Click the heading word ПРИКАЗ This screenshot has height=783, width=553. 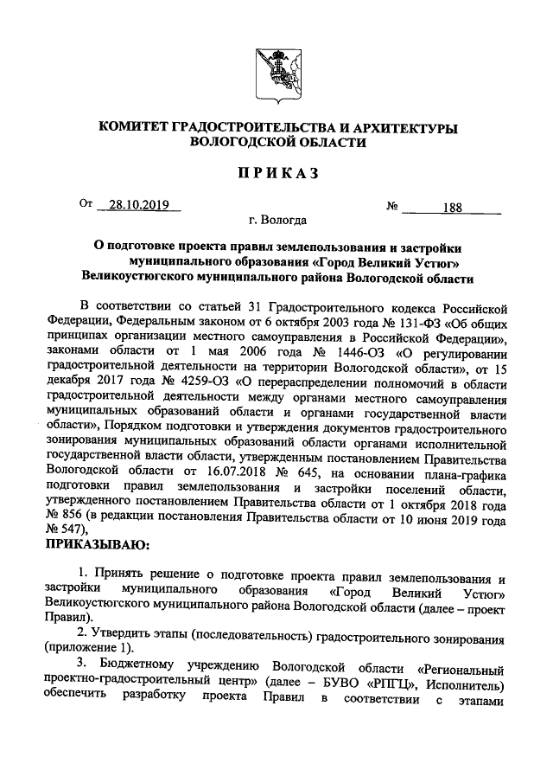click(x=277, y=174)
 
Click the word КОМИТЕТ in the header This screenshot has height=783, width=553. click(x=136, y=128)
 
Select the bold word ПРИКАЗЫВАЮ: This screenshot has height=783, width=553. click(x=97, y=545)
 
